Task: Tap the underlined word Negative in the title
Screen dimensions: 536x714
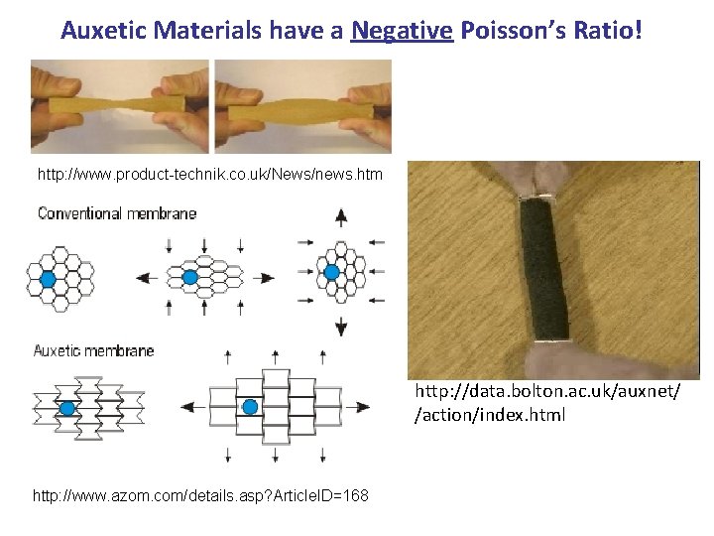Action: click(x=402, y=31)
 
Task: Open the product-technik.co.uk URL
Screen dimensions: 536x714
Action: click(x=209, y=175)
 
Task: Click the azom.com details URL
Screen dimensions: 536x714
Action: click(x=200, y=494)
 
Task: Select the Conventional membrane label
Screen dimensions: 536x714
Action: click(x=117, y=213)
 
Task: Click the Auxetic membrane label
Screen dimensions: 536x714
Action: click(x=94, y=350)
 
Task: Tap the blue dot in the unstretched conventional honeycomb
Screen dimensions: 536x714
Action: click(x=48, y=280)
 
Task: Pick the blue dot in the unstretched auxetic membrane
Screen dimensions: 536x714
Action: click(x=67, y=407)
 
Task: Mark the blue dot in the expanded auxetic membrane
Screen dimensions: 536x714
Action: click(x=250, y=406)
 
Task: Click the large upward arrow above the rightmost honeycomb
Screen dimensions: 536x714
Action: click(x=341, y=217)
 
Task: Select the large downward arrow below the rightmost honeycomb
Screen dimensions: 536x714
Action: click(x=341, y=326)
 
